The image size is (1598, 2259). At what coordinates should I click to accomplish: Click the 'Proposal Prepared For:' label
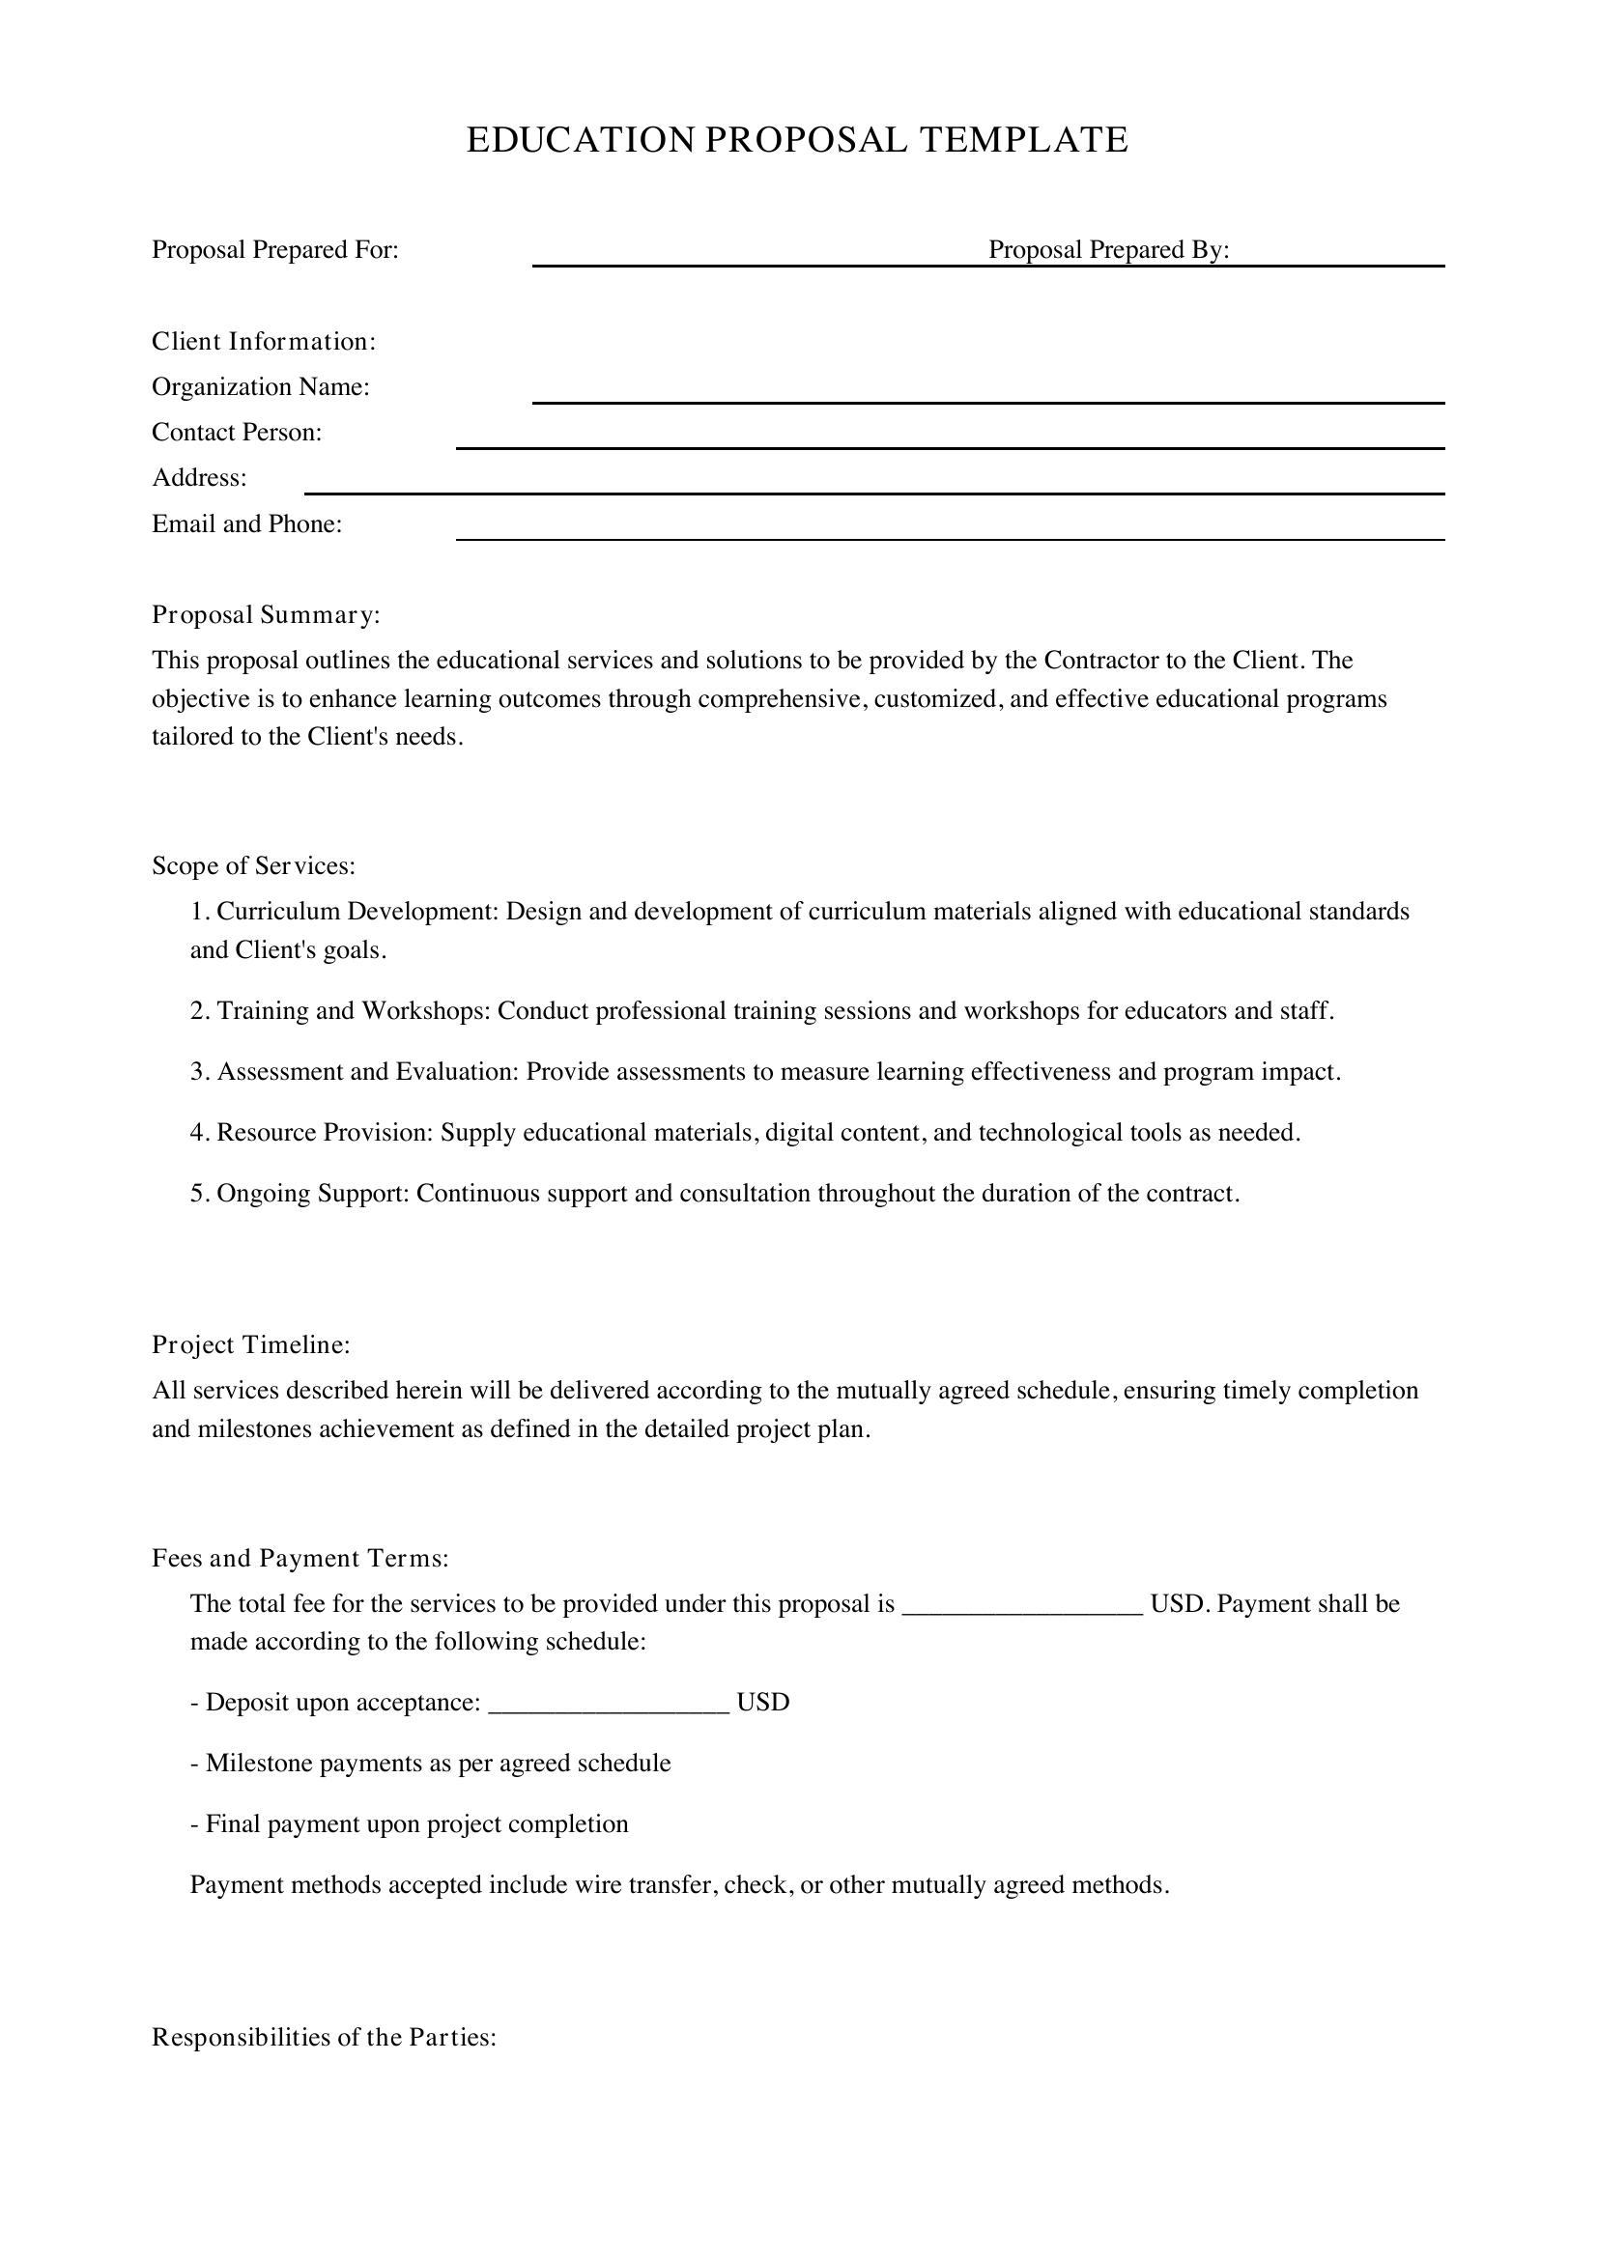click(x=274, y=250)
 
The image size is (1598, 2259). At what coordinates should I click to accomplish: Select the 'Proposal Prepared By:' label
click(x=1109, y=250)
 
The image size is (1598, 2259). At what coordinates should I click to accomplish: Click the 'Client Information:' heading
click(x=264, y=341)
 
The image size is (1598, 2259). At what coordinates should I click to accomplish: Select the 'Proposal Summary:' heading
click(x=266, y=615)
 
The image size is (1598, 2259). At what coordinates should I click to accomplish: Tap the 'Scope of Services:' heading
click(x=253, y=865)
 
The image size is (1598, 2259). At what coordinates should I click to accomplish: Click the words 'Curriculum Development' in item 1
click(x=357, y=912)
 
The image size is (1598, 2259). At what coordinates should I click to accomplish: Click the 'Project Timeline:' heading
click(x=251, y=1345)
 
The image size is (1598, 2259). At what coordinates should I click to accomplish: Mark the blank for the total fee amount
click(x=1021, y=1606)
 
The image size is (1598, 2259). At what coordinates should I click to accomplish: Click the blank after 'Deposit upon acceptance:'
click(x=608, y=1704)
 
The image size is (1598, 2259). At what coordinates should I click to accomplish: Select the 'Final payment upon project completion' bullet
click(x=410, y=1824)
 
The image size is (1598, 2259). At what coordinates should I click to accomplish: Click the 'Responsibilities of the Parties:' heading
click(x=324, y=2038)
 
